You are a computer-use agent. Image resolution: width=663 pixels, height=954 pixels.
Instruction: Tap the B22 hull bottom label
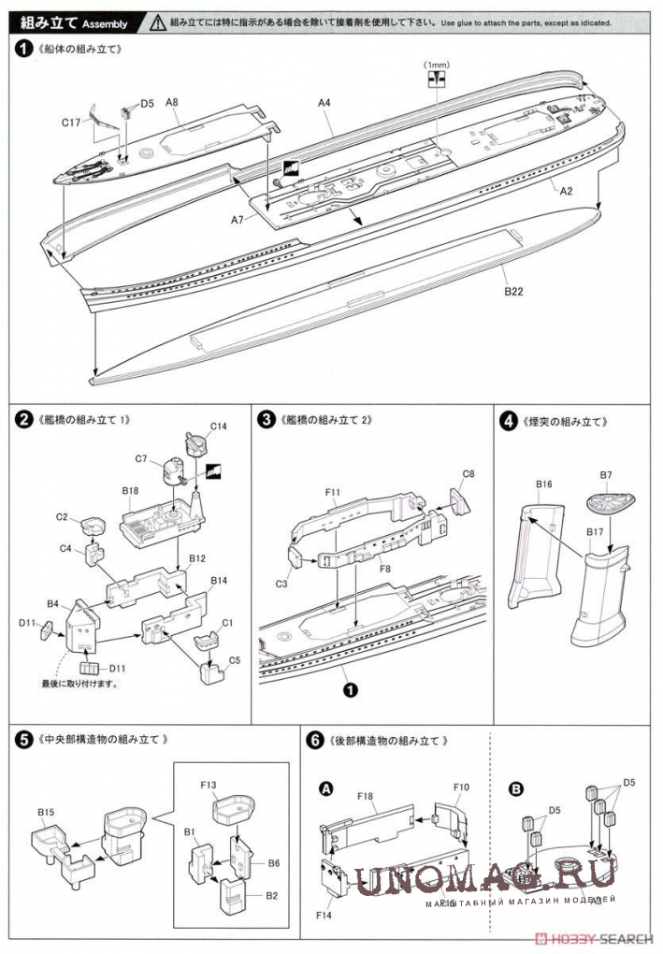(x=513, y=291)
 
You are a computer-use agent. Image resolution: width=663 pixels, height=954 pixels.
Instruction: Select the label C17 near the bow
(x=73, y=122)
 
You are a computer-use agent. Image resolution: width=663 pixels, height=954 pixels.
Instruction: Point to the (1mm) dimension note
(x=436, y=65)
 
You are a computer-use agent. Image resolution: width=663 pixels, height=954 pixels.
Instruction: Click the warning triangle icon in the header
(x=159, y=21)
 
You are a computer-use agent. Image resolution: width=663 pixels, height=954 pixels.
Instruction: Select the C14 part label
(x=218, y=426)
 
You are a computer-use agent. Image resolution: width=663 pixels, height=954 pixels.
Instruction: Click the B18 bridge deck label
(x=130, y=490)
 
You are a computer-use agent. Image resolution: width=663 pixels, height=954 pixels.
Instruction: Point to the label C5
(x=234, y=659)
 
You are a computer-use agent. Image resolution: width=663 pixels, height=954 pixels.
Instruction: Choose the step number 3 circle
(x=266, y=420)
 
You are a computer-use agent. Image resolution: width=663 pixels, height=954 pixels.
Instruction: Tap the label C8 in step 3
(x=468, y=474)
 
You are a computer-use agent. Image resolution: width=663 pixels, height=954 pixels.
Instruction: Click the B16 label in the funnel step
(x=544, y=484)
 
